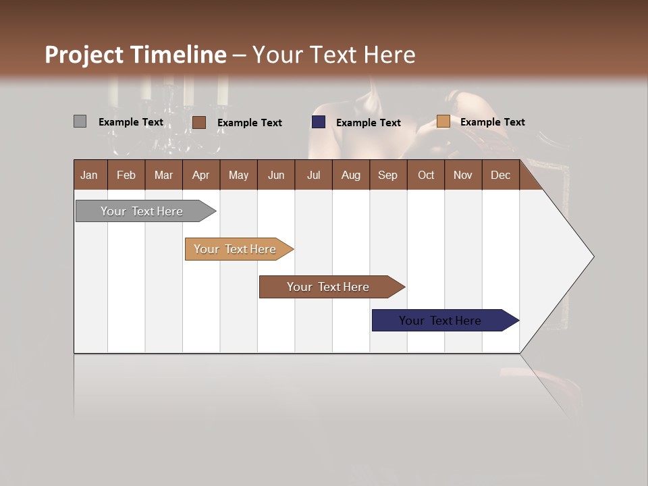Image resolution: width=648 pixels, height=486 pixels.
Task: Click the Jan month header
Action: (x=89, y=175)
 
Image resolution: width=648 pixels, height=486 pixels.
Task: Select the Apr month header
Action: (x=200, y=175)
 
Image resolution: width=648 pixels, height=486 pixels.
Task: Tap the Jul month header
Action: (x=313, y=175)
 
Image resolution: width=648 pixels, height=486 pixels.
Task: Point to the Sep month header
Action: (x=387, y=175)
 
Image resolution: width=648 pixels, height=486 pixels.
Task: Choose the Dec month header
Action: (x=500, y=175)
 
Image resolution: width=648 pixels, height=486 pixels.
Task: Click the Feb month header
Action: (x=126, y=175)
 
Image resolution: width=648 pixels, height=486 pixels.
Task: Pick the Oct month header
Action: (x=426, y=175)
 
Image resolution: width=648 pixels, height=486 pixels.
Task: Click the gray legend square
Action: (x=80, y=122)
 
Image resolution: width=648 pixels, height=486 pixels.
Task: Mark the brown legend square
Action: (x=199, y=122)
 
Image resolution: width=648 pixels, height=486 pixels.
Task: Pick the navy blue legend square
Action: (x=319, y=122)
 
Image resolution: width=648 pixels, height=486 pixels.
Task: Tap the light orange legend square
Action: (x=443, y=122)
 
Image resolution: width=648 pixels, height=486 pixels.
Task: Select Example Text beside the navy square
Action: (x=368, y=123)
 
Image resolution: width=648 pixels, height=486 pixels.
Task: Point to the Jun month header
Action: (x=276, y=175)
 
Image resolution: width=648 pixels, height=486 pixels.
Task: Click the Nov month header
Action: (x=463, y=175)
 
